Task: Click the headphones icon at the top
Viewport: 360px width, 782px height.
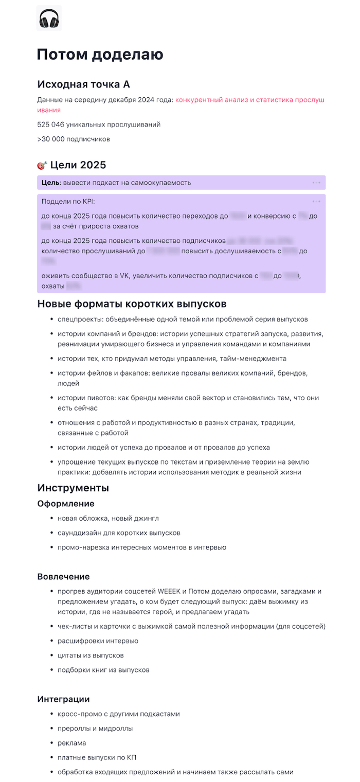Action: tap(49, 19)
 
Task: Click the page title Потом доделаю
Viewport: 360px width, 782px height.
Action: tap(100, 55)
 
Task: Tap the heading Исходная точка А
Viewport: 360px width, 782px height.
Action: tap(87, 84)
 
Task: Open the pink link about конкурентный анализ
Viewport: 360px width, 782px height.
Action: tap(249, 100)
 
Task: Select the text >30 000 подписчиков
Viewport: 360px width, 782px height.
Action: tap(73, 139)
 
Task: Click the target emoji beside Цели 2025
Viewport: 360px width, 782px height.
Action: tap(42, 165)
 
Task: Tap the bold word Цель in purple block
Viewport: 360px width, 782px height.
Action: tap(50, 183)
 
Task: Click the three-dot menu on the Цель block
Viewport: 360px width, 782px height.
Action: tap(316, 183)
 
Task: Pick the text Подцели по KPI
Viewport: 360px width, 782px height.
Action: tap(68, 201)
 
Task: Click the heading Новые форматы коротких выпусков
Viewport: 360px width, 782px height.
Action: tap(132, 304)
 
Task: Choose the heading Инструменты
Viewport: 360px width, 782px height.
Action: tap(73, 487)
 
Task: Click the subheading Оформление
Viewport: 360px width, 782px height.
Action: tap(66, 503)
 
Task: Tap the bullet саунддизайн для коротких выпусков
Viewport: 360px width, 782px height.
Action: tap(119, 532)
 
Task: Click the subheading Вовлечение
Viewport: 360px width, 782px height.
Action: tap(63, 576)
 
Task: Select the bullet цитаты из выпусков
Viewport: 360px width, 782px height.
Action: tap(91, 655)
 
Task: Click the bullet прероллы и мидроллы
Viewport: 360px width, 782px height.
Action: tap(95, 728)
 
